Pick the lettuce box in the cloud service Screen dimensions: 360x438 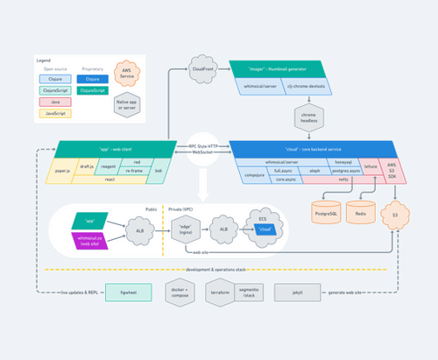(371, 166)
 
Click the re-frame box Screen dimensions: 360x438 (134, 170)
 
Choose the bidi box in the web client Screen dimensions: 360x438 (158, 170)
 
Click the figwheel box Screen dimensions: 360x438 (116, 292)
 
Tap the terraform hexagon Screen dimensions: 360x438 (220, 291)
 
